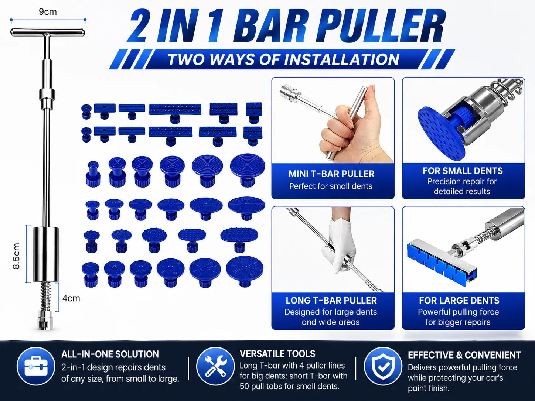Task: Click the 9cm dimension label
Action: (48, 12)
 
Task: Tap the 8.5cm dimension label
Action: (16, 256)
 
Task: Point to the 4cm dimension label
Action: (71, 298)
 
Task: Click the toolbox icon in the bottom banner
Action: (36, 366)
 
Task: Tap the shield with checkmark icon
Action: (383, 366)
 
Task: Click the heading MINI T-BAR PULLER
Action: (331, 174)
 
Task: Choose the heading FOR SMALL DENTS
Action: (463, 171)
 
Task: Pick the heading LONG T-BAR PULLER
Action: (331, 301)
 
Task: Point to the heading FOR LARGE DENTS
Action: (459, 301)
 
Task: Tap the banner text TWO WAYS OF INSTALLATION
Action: (284, 59)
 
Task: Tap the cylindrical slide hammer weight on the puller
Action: (46, 254)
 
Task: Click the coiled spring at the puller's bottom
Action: (45, 296)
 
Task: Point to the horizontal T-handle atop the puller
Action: (48, 32)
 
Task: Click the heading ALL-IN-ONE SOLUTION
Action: (110, 354)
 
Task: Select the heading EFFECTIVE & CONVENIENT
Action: (464, 355)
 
